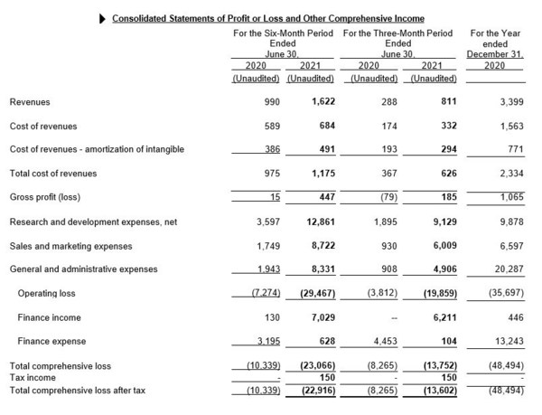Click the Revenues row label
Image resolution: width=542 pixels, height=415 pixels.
[x=30, y=103]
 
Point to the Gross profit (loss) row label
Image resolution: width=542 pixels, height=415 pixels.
[x=45, y=197]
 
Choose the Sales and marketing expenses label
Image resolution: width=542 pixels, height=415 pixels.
[x=70, y=246]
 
